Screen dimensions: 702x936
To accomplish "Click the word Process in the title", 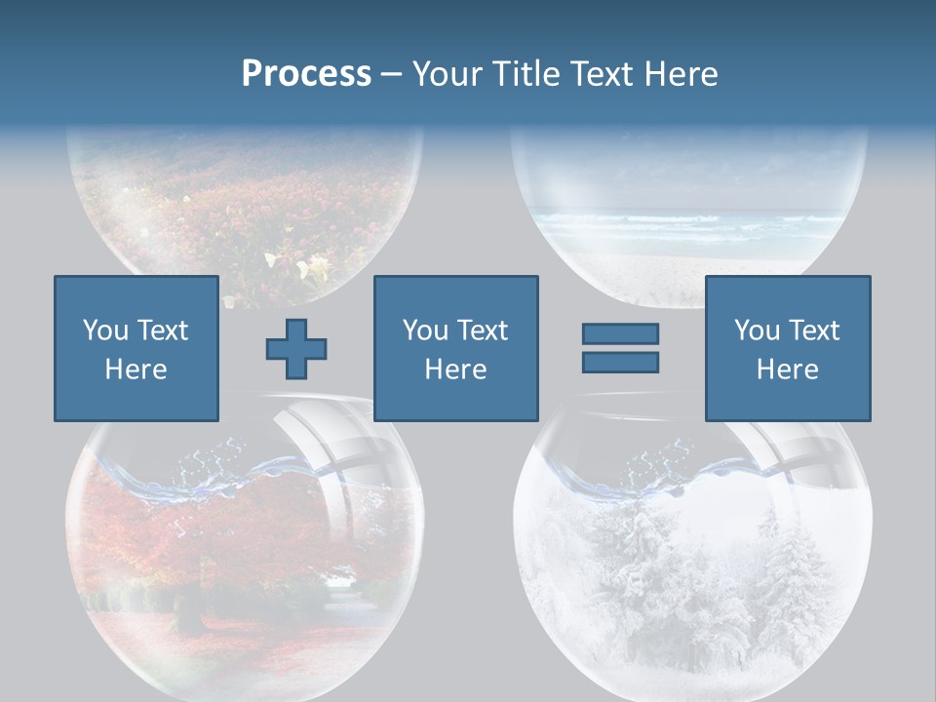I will [306, 74].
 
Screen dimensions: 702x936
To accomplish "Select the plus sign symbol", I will [296, 349].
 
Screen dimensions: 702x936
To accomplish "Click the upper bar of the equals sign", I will [620, 334].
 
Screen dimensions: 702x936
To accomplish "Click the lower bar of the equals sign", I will [620, 362].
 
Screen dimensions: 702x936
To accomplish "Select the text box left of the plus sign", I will [136, 348].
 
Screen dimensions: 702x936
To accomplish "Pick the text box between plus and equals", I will [455, 348].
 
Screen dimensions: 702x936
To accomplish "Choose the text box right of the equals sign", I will [787, 348].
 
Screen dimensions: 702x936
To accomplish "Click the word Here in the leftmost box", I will [136, 370].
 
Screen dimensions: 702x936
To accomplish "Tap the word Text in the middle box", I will [482, 331].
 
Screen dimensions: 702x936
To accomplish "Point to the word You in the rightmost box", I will [757, 331].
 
